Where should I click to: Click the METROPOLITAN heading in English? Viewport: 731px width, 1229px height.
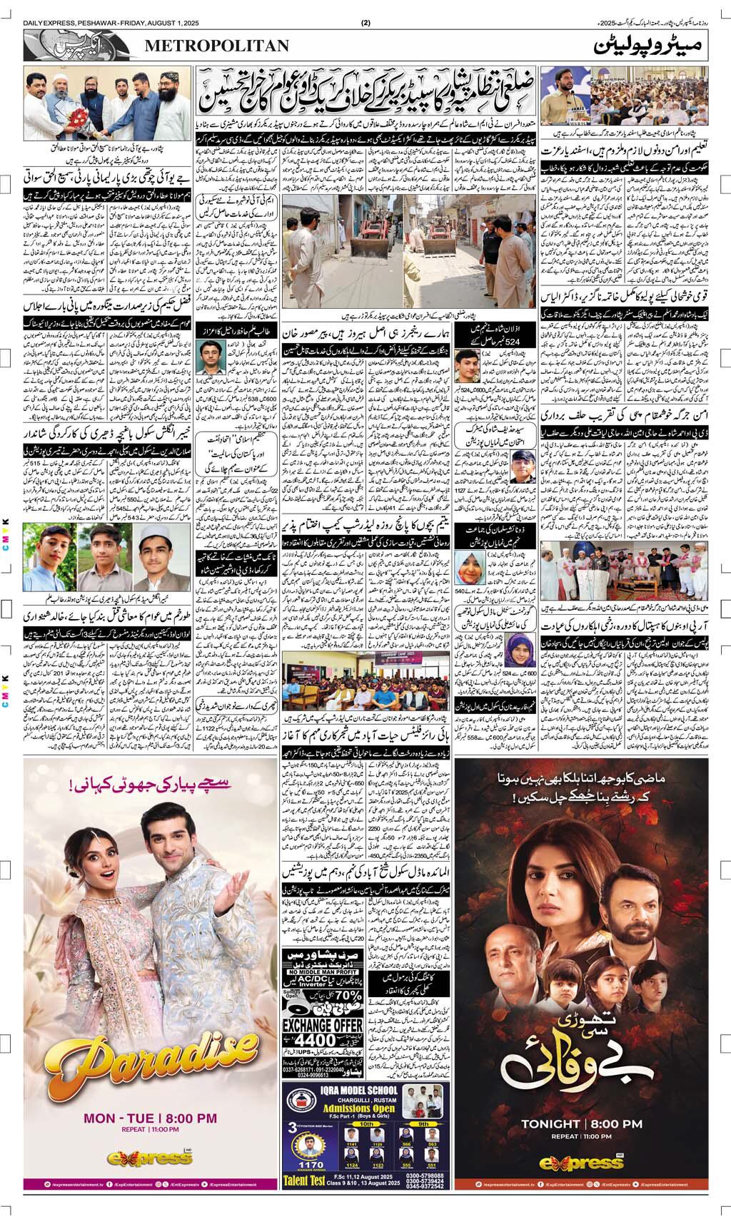217,46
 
